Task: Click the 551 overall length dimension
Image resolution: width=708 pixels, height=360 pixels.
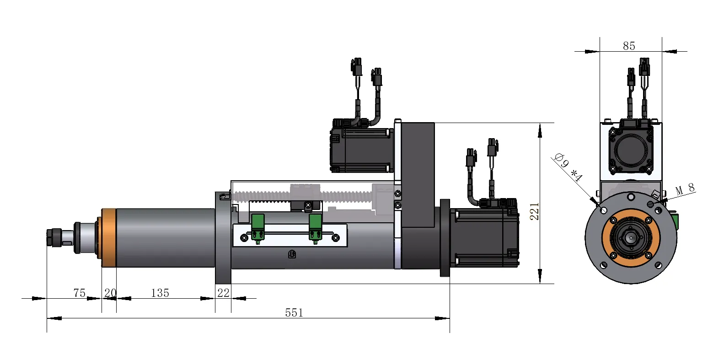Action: pyautogui.click(x=294, y=313)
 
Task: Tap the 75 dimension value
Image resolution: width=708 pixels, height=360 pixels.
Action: pyautogui.click(x=79, y=293)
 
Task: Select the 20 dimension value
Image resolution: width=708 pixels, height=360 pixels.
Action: pyautogui.click(x=110, y=293)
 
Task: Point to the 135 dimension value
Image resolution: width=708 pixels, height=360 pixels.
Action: pyautogui.click(x=160, y=293)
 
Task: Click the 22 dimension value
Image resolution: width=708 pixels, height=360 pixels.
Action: pyautogui.click(x=223, y=293)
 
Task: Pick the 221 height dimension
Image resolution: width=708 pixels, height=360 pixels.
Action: pyautogui.click(x=534, y=211)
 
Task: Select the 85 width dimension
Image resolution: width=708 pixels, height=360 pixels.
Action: pyautogui.click(x=629, y=46)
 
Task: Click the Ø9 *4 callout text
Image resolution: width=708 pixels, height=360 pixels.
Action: pyautogui.click(x=569, y=167)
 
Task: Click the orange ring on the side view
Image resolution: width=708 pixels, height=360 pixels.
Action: pyautogui.click(x=109, y=238)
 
